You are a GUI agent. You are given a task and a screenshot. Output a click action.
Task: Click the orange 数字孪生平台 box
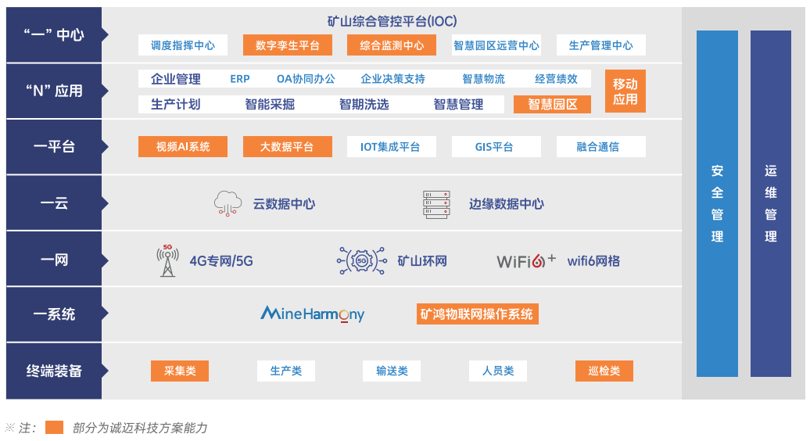point(288,45)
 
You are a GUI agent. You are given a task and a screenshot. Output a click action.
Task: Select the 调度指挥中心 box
point(183,45)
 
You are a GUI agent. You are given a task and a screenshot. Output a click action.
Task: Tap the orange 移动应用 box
point(625,91)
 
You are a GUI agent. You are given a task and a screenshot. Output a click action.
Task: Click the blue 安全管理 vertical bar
point(717,203)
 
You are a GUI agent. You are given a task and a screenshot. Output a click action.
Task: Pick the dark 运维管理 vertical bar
point(771,203)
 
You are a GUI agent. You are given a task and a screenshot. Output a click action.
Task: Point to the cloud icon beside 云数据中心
point(228,203)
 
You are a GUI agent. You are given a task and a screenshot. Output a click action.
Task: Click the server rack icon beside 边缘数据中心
point(436,204)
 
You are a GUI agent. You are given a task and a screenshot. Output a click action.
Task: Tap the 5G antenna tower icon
point(167,260)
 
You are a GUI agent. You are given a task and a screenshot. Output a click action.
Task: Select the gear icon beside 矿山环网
point(361,260)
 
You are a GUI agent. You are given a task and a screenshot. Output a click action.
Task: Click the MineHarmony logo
point(312,314)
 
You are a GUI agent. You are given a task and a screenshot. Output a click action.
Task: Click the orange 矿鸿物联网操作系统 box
point(477,314)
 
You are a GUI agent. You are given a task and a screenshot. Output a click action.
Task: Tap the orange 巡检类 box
point(604,371)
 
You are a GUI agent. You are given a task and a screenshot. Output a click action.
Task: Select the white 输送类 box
point(392,371)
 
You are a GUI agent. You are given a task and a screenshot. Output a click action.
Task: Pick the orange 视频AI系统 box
point(183,147)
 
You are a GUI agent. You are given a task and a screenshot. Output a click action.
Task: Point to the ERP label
point(240,79)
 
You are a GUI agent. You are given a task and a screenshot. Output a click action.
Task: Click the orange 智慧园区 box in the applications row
point(552,104)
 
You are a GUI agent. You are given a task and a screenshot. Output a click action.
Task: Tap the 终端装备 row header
point(54,371)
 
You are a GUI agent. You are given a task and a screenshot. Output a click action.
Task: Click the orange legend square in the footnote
point(54,428)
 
